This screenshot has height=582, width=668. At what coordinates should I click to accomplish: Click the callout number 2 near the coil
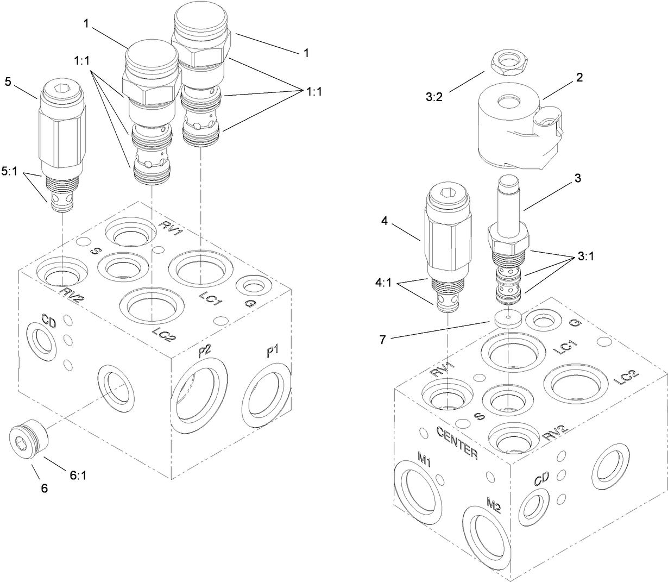click(x=579, y=78)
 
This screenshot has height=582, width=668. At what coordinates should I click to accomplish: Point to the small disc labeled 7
click(x=507, y=319)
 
